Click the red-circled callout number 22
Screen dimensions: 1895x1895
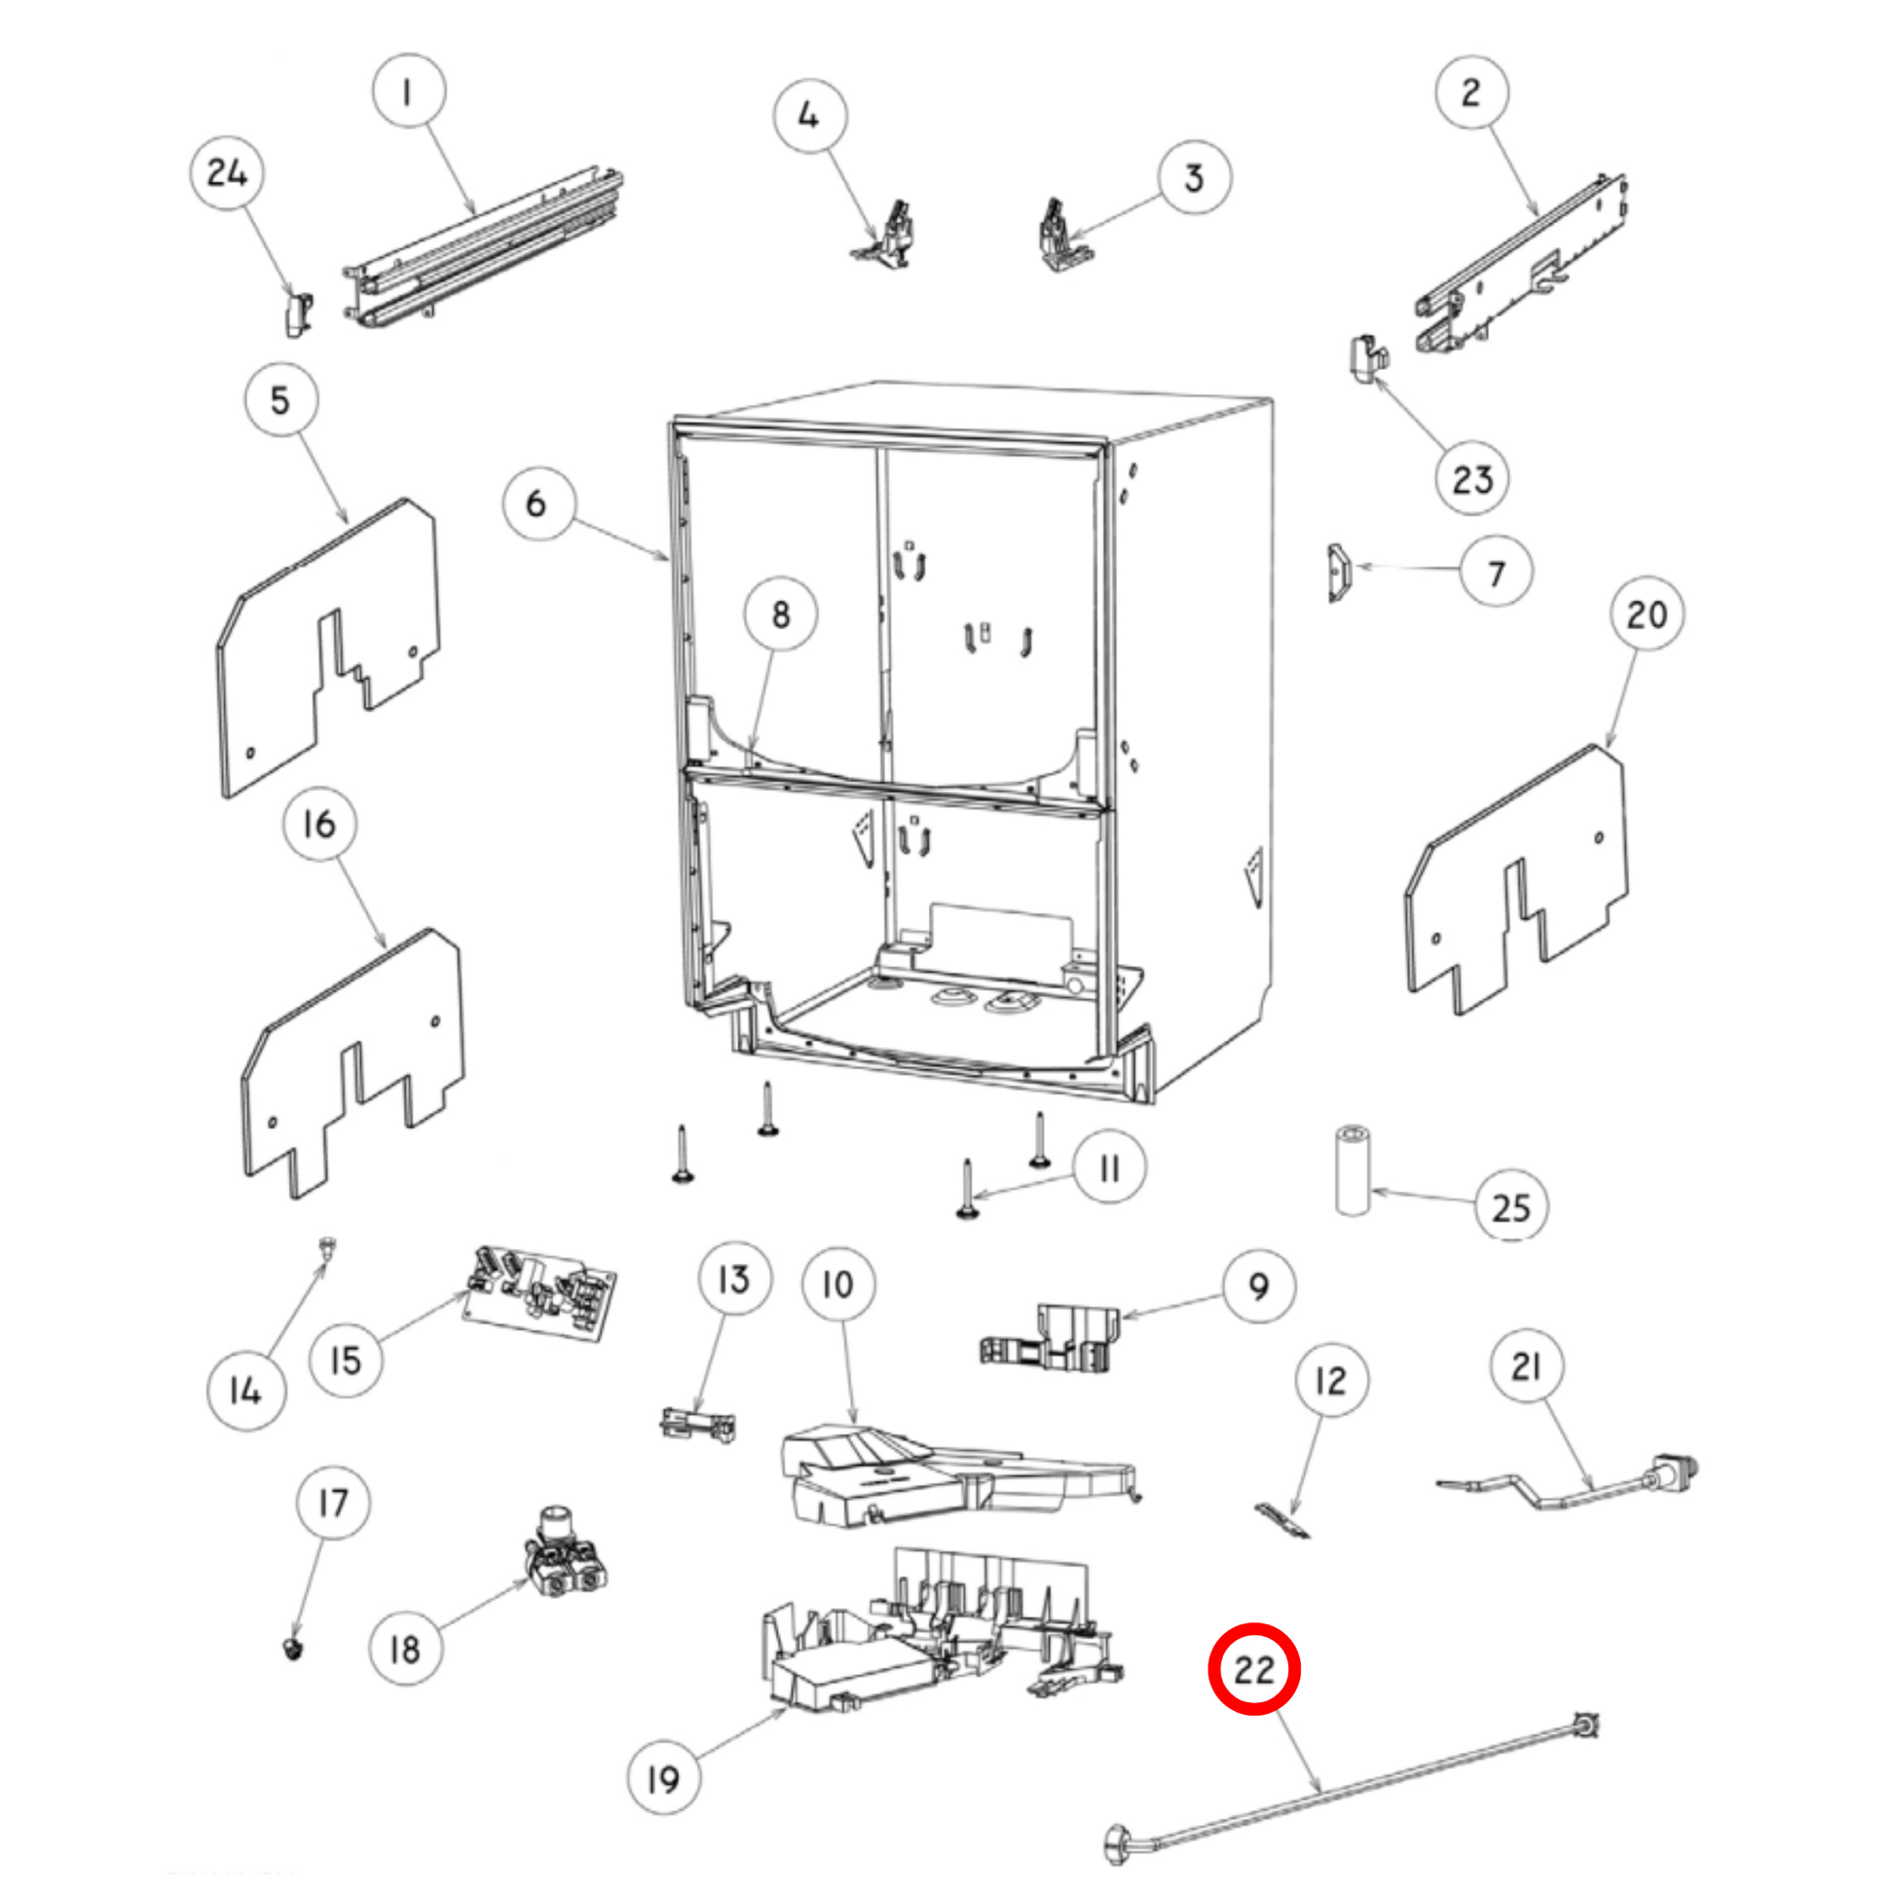(1252, 1668)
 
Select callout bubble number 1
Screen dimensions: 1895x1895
(408, 92)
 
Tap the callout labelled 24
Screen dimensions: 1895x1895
(227, 173)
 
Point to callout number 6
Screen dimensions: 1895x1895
(538, 503)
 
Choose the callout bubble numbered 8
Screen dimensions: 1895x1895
(781, 614)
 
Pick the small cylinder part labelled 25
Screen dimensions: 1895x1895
(1354, 1171)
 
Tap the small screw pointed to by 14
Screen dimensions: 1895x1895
(327, 1248)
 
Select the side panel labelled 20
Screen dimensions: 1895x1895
(1516, 880)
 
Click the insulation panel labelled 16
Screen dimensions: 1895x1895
(353, 1063)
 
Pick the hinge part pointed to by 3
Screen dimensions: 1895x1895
(1063, 236)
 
